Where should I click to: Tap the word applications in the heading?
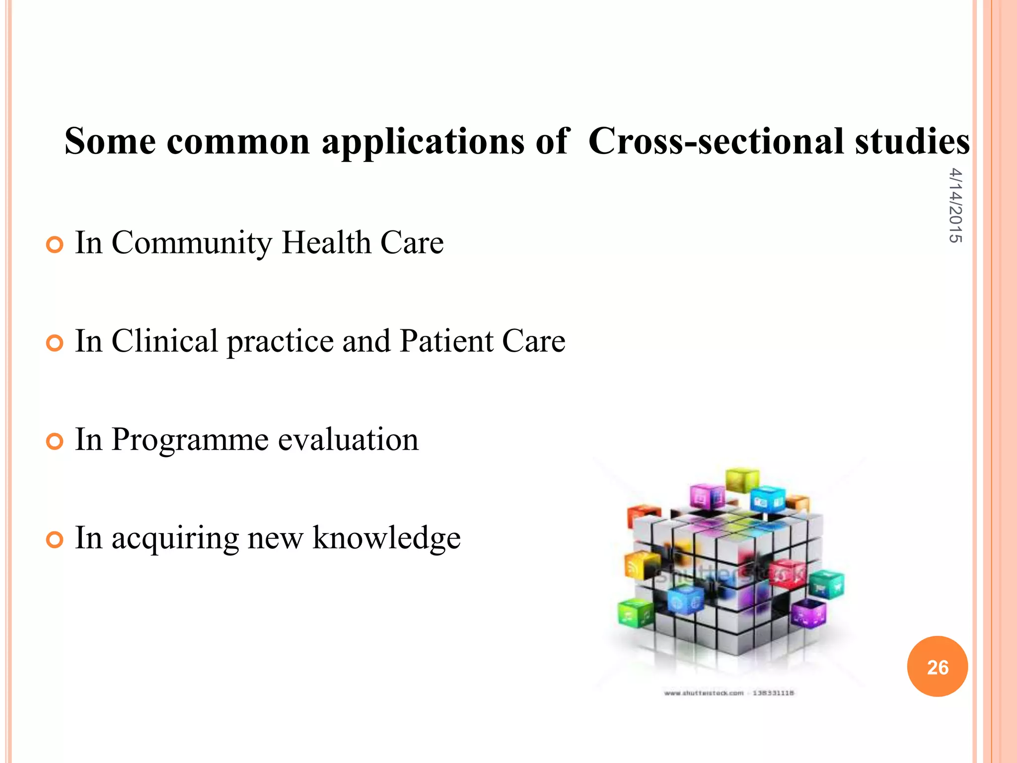pyautogui.click(x=422, y=142)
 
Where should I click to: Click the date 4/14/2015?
pyautogui.click(x=955, y=205)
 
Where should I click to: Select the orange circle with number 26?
pyautogui.click(x=937, y=667)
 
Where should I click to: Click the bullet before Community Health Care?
pyautogui.click(x=55, y=245)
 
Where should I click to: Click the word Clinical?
pyautogui.click(x=164, y=341)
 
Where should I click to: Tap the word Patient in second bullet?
pyautogui.click(x=446, y=341)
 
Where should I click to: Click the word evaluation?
pyautogui.click(x=348, y=440)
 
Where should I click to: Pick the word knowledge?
pyautogui.click(x=386, y=538)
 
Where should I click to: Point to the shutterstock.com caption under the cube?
pyautogui.click(x=728, y=693)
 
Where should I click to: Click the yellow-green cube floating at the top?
pyautogui.click(x=742, y=479)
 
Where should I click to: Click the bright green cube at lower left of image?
pyautogui.click(x=635, y=614)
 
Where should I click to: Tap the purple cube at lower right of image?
pyautogui.click(x=809, y=614)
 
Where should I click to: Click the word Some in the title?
pyautogui.click(x=110, y=141)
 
